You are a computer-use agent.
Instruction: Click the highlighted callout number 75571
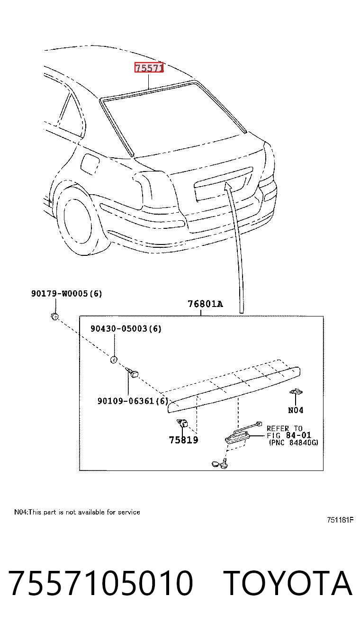point(149,68)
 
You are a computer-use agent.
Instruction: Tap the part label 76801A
point(205,304)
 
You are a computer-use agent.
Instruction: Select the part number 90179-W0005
point(59,294)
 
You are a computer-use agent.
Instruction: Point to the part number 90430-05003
point(119,328)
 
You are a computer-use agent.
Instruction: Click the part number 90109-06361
point(126,401)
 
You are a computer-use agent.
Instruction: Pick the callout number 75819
point(183,440)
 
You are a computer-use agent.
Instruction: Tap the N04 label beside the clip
point(296,410)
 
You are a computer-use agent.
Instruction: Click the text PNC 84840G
point(293,442)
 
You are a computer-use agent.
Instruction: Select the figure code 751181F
point(340,520)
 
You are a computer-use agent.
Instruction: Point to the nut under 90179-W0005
point(54,316)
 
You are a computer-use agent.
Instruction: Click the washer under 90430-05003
point(113,360)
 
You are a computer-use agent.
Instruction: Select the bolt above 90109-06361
point(132,373)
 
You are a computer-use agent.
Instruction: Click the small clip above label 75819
point(183,424)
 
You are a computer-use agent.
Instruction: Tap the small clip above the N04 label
point(296,392)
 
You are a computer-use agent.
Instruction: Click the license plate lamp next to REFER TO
point(237,437)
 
